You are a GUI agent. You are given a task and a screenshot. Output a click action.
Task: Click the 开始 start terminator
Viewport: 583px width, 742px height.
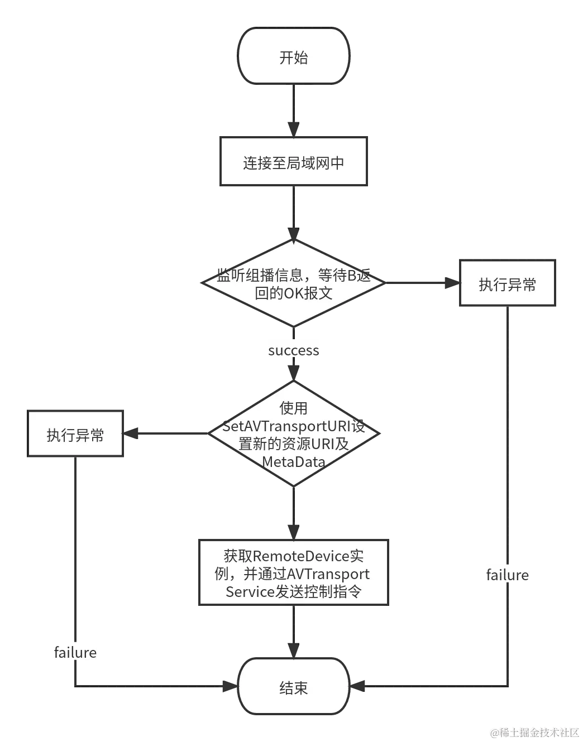point(293,56)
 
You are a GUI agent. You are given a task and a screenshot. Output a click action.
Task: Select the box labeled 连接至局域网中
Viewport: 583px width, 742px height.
point(293,162)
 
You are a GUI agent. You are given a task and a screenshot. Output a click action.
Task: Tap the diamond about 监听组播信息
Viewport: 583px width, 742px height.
point(293,283)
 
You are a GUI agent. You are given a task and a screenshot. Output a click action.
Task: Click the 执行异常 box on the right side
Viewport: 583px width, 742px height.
point(507,284)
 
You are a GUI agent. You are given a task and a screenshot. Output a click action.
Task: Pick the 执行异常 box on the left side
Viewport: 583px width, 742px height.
point(75,435)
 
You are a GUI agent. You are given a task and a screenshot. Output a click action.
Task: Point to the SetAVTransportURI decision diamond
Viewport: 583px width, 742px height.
point(293,434)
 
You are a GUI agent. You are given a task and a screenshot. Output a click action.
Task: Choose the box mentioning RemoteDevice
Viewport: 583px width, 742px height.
point(293,573)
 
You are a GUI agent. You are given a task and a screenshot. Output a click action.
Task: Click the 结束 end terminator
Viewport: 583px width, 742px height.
point(293,687)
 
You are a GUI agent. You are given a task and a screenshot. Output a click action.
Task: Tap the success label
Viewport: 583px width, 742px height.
point(294,350)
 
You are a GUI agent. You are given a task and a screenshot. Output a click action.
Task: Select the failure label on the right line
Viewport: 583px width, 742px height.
point(507,575)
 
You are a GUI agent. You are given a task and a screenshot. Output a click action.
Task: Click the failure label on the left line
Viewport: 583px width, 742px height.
point(75,652)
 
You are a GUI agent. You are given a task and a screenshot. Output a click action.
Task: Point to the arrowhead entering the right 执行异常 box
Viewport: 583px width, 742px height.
point(450,283)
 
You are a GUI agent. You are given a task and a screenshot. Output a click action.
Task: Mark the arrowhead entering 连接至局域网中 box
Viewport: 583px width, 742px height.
point(292,128)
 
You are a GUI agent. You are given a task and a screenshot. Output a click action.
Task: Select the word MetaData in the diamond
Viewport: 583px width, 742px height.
point(294,462)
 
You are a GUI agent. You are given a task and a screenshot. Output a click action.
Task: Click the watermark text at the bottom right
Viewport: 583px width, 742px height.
point(533,732)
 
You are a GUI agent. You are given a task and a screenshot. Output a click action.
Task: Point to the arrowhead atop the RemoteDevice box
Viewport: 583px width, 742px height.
point(292,529)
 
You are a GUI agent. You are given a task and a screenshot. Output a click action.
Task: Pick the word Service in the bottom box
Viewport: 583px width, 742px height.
point(250,591)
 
